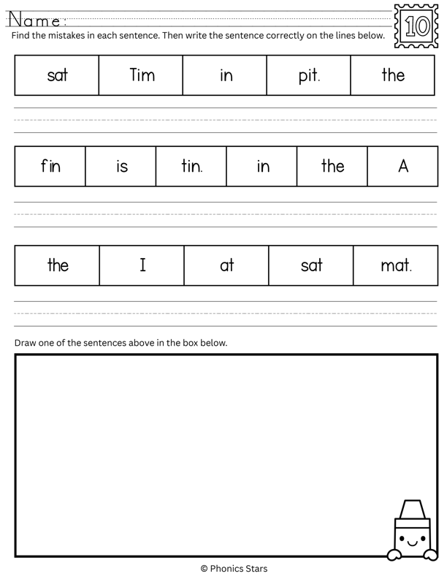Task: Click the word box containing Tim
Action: tap(142, 75)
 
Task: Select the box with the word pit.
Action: tap(309, 75)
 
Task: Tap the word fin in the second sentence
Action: tap(50, 167)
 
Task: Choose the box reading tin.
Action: tap(191, 167)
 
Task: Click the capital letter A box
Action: tap(402, 167)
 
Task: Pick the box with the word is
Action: tap(121, 167)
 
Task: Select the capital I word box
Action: tap(142, 265)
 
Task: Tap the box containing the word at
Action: tap(226, 265)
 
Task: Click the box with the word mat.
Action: tap(396, 265)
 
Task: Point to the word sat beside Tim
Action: tap(57, 75)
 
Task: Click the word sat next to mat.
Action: tap(311, 265)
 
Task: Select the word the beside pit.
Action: tap(393, 75)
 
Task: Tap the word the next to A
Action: tap(332, 167)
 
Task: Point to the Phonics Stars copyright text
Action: tap(234, 568)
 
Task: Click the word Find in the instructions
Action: tap(22, 36)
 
